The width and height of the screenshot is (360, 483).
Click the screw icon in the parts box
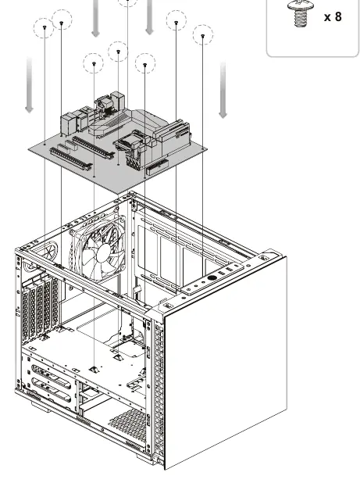pyautogui.click(x=301, y=13)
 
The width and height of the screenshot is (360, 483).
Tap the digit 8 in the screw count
pyautogui.click(x=338, y=16)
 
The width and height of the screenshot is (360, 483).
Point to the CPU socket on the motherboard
pyautogui.click(x=127, y=145)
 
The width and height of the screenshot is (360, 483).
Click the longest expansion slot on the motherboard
pyautogui.click(x=71, y=159)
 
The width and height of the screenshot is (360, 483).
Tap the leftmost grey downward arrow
pyautogui.click(x=29, y=84)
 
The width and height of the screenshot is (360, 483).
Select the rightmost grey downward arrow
pyautogui.click(x=223, y=90)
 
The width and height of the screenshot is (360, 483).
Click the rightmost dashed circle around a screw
pyautogui.click(x=203, y=35)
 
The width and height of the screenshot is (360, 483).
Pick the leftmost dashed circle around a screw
pyautogui.click(x=44, y=28)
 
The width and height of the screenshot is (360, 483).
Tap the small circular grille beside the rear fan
pyautogui.click(x=48, y=252)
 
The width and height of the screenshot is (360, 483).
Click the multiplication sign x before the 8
pyautogui.click(x=328, y=17)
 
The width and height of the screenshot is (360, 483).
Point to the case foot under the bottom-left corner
pyautogui.click(x=41, y=406)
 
